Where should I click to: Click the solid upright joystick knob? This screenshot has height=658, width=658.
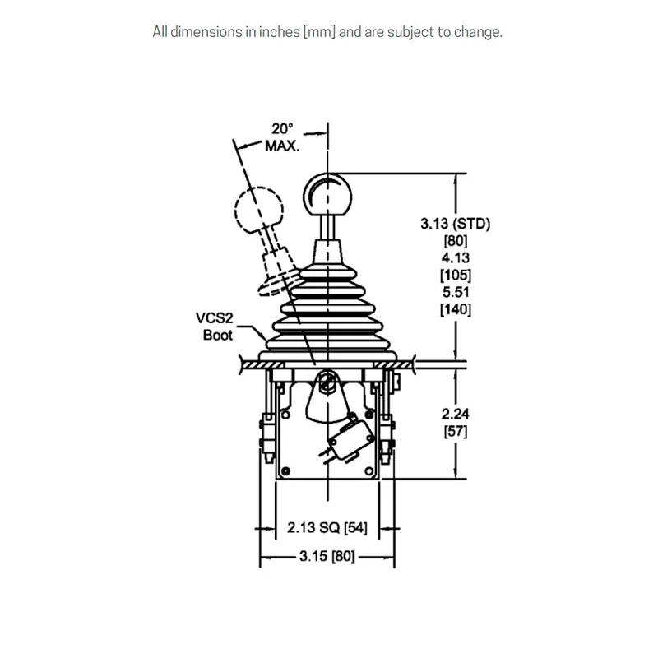pos(327,195)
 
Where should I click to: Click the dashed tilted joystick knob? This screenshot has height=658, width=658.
pos(259,210)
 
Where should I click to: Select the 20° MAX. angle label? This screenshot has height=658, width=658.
pos(282,137)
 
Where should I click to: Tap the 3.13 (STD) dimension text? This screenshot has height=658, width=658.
pos(456,223)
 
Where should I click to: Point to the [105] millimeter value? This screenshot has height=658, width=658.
pos(456,275)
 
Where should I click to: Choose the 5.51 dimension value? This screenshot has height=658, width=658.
pos(456,292)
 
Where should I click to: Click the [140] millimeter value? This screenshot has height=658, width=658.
pos(456,309)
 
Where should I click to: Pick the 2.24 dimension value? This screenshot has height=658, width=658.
pos(456,414)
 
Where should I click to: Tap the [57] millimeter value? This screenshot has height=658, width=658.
pos(456,431)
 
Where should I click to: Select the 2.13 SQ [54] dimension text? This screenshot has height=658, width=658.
pos(327,527)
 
